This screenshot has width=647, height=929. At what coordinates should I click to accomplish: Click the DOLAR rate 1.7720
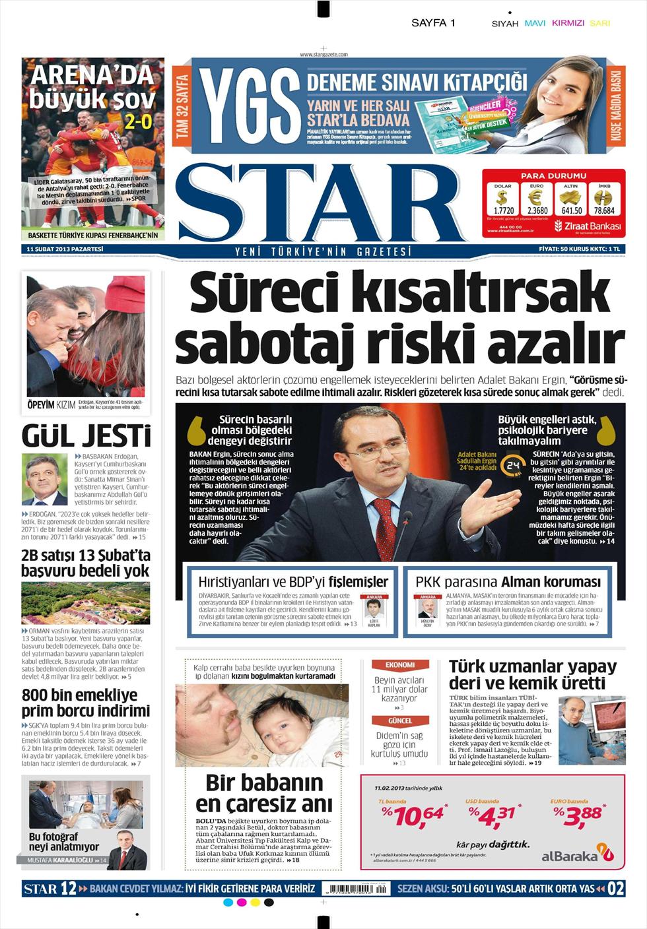point(504,210)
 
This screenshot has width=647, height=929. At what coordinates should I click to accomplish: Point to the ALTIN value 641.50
point(571,210)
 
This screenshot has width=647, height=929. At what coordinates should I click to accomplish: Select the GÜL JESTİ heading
point(86,436)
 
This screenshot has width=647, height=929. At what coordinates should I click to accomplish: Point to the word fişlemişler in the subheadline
point(355,582)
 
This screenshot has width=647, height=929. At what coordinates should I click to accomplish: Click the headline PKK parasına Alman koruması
point(508,582)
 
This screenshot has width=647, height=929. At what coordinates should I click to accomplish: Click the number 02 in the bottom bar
point(615,889)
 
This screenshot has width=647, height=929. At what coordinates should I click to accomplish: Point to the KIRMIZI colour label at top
point(568,23)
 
